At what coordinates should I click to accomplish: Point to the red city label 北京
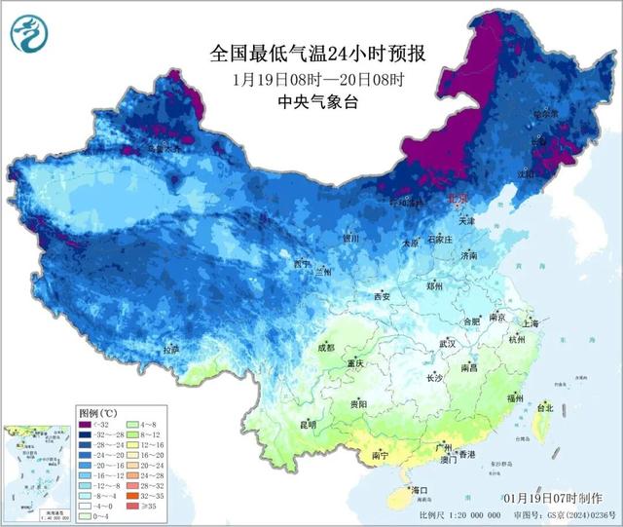tap(458, 199)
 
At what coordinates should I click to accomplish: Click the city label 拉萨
tap(171, 349)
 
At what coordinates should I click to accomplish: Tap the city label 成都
tap(325, 348)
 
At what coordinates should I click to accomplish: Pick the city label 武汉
tap(448, 344)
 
